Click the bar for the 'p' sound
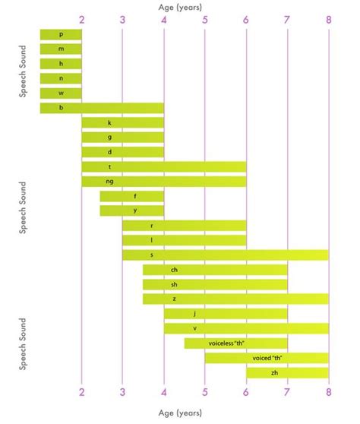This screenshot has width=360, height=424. coord(61,35)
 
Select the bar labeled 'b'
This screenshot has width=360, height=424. coord(102,108)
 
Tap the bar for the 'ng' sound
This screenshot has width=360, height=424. coord(164,182)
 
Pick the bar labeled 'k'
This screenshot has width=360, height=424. coord(123,122)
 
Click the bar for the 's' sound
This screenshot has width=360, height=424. coord(226,255)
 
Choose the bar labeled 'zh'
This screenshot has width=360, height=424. coord(287,372)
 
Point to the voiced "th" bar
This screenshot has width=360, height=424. coord(267,358)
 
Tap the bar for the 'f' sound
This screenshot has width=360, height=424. coord(132,196)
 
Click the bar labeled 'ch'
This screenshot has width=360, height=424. coord(215,270)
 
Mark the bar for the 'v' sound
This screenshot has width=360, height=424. coord(246,328)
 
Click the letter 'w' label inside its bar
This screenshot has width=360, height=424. coord(61,93)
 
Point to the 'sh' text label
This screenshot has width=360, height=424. coord(174,284)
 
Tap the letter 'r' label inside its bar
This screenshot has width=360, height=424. coord(152,226)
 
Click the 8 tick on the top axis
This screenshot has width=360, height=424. coord(329,19)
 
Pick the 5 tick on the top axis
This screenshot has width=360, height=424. coord(205,19)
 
